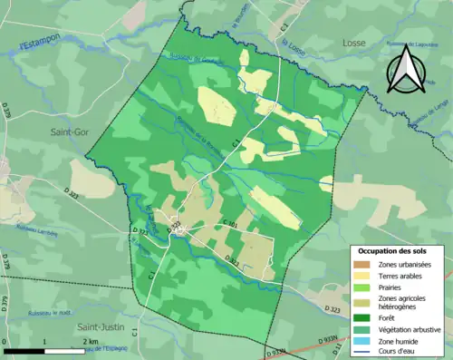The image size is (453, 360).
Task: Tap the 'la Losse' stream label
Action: coord(293,45)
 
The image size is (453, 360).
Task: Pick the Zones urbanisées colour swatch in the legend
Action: coord(361,265)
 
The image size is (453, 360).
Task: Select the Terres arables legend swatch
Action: coord(361,276)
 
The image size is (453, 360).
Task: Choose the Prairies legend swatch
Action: coord(361,287)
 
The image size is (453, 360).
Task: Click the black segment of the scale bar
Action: coord(27,349)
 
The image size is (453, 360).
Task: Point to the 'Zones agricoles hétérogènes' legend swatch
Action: coord(361,300)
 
